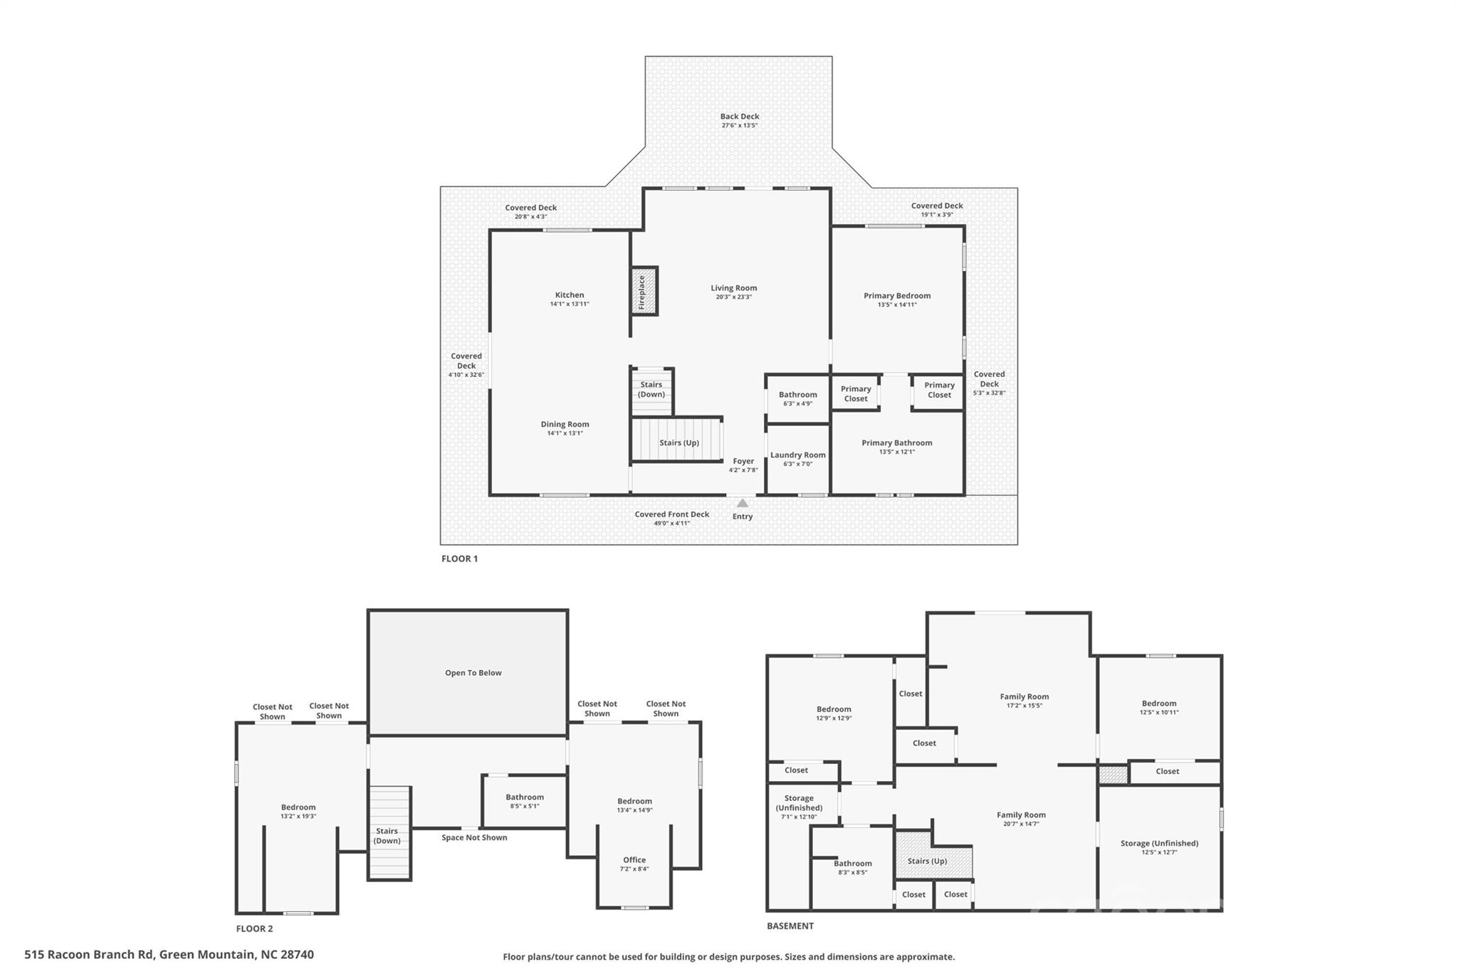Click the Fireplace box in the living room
(x=644, y=291)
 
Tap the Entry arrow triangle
(x=743, y=503)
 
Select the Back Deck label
(x=740, y=117)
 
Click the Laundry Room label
(x=798, y=455)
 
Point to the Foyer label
(x=743, y=461)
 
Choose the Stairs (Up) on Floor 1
(x=678, y=440)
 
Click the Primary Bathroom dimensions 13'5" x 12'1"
(x=897, y=452)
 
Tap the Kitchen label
(x=570, y=295)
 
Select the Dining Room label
(x=565, y=425)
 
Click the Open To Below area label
(x=473, y=673)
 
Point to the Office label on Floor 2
(x=634, y=860)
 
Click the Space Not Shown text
(x=474, y=837)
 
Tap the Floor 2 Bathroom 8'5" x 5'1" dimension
(x=525, y=807)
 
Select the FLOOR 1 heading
(x=460, y=558)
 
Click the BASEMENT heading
(x=790, y=926)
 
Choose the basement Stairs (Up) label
(x=927, y=861)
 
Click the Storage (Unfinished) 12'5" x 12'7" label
(x=1160, y=847)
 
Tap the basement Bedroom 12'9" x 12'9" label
(x=834, y=713)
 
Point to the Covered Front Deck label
(x=672, y=514)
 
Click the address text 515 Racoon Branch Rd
(x=89, y=955)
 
